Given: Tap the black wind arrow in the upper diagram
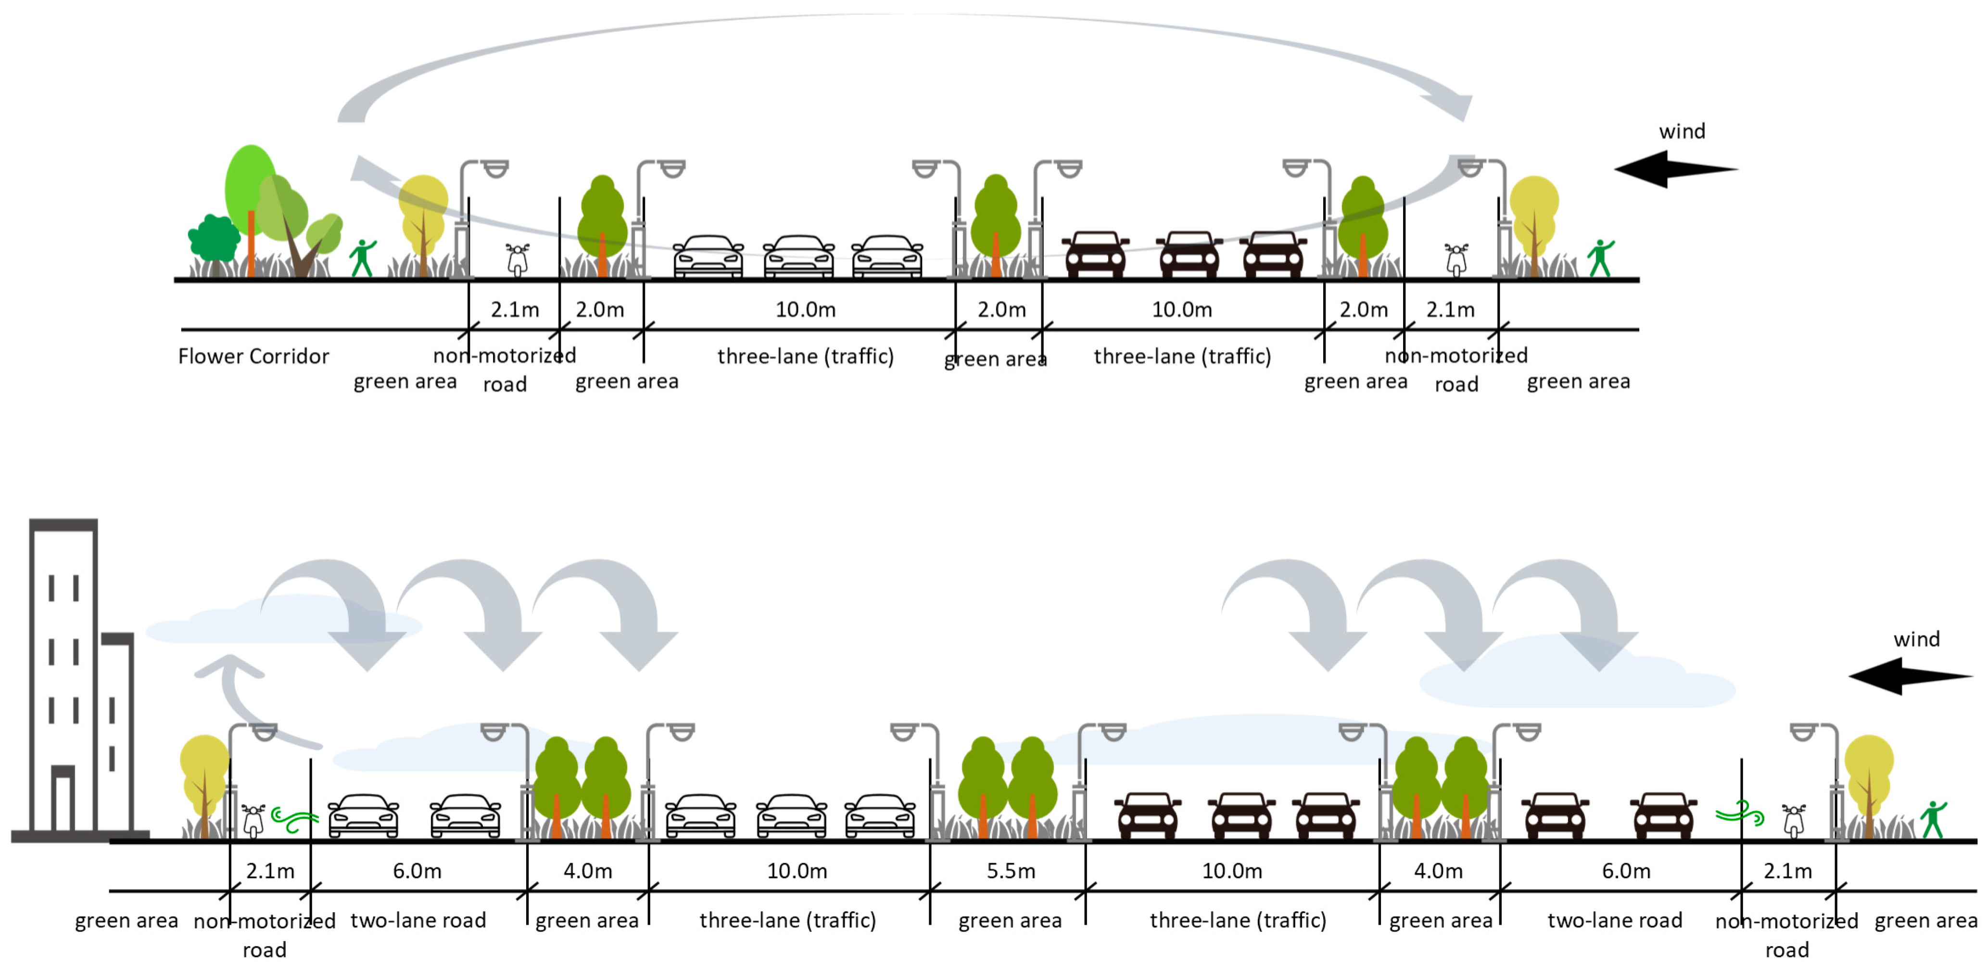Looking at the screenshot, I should point(1674,169).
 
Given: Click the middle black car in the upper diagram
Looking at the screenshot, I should point(1189,254).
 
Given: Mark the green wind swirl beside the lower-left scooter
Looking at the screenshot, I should point(295,821).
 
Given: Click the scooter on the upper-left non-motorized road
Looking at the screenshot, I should point(518,259).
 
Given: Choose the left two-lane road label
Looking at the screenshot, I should point(418,920).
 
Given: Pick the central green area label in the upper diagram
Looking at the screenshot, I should point(995,359).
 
